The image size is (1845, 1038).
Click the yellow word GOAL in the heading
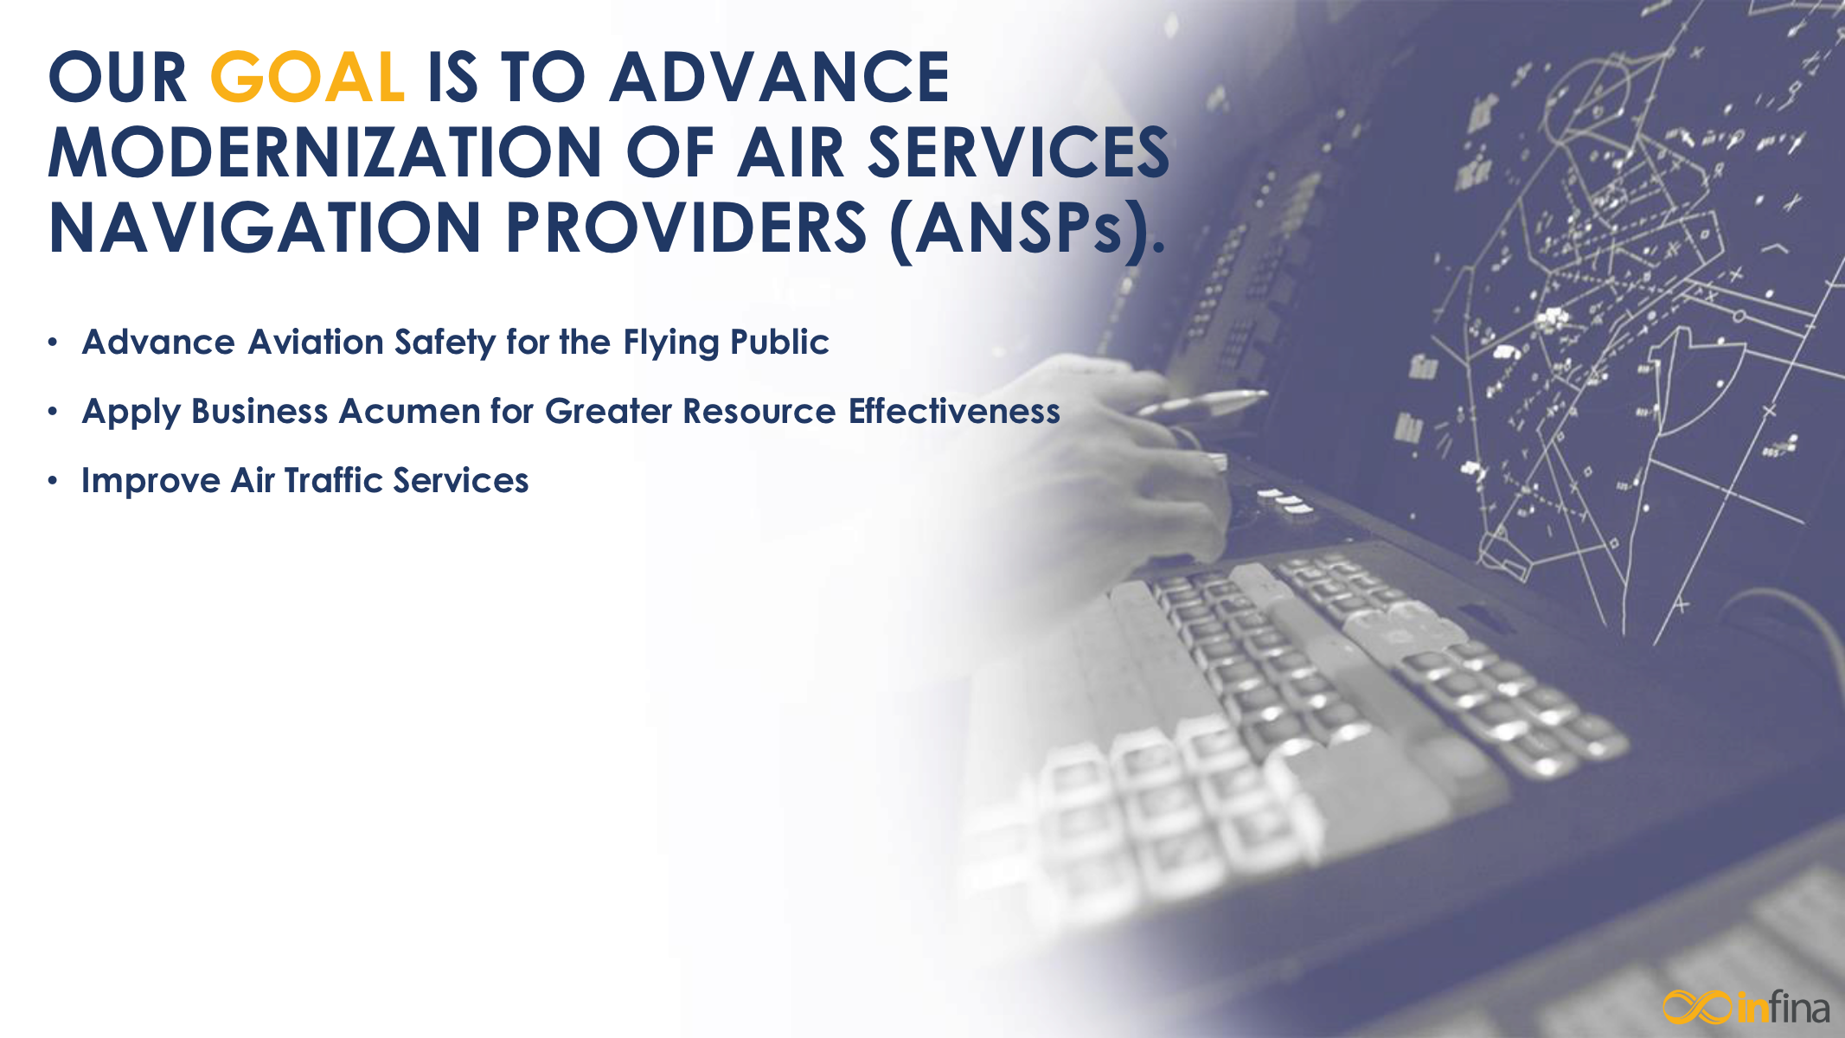(x=307, y=77)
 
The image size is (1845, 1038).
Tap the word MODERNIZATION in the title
(x=324, y=152)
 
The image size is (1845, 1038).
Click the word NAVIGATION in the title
(x=265, y=227)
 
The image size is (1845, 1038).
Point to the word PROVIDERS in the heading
(x=686, y=227)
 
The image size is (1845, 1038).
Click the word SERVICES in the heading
(x=1018, y=152)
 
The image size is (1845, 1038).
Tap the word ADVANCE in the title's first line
(x=779, y=77)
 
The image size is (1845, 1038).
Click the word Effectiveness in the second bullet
(x=954, y=412)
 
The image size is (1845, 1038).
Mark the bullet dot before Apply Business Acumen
(x=54, y=413)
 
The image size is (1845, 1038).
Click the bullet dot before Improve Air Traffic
(x=54, y=482)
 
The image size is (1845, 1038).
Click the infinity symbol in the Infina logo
(x=1697, y=1007)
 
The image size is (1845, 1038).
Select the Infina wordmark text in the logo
(x=1782, y=1008)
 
